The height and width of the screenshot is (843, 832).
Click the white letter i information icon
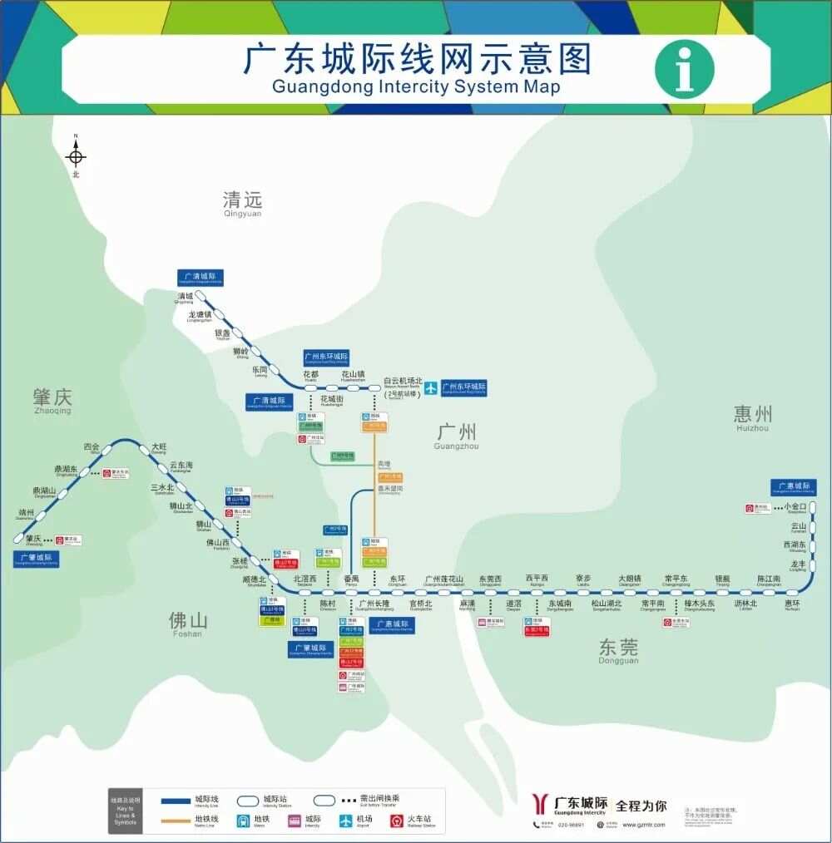pyautogui.click(x=684, y=68)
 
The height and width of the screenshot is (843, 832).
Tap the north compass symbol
pyautogui.click(x=76, y=155)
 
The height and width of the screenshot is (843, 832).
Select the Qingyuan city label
pyautogui.click(x=242, y=202)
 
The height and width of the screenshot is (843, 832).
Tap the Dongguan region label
pyautogui.click(x=618, y=649)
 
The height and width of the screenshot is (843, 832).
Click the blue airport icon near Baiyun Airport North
pyautogui.click(x=431, y=387)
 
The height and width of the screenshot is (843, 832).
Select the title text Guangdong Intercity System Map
pyautogui.click(x=416, y=86)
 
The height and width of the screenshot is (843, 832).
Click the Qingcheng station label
pyautogui.click(x=184, y=298)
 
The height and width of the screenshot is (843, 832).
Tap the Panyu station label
pyautogui.click(x=351, y=580)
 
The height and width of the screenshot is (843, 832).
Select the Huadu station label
pyautogui.click(x=310, y=376)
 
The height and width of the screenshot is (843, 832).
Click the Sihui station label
pyautogui.click(x=91, y=448)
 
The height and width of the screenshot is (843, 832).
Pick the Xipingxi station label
pyautogui.click(x=537, y=580)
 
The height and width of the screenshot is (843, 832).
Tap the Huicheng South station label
pyautogui.click(x=792, y=605)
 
